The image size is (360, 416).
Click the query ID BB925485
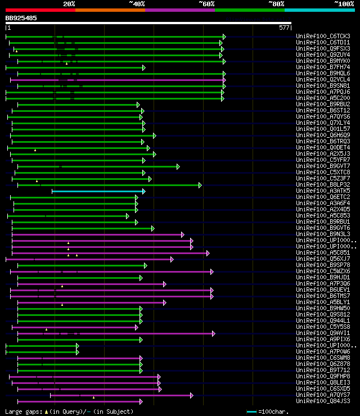(21, 18)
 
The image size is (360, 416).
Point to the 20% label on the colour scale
(69, 3)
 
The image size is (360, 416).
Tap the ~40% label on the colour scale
(137, 3)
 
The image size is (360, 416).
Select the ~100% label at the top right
(344, 3)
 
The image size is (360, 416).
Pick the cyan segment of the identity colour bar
(319, 10)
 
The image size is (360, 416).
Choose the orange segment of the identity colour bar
(110, 10)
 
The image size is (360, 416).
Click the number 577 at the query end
(284, 27)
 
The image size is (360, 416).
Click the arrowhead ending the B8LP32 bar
(200, 185)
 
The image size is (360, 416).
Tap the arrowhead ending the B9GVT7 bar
(178, 166)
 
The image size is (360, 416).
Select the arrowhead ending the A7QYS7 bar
(191, 395)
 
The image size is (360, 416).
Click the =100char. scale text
(274, 412)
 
